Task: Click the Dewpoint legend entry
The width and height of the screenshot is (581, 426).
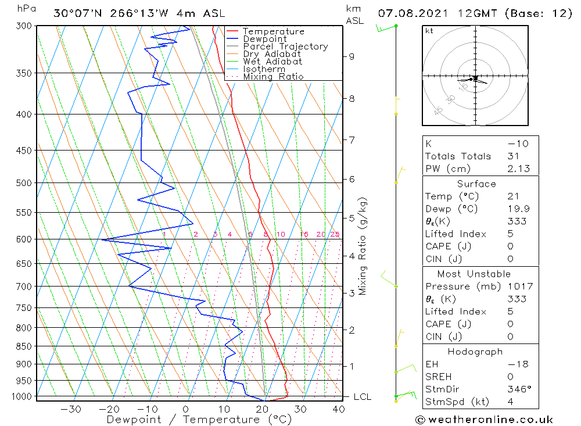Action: [264, 39]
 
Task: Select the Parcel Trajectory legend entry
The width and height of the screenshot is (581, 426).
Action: [285, 46]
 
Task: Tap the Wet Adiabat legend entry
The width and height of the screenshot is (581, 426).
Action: [272, 62]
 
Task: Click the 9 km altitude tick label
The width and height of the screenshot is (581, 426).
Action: [352, 56]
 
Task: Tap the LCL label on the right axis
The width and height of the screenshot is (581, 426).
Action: [362, 397]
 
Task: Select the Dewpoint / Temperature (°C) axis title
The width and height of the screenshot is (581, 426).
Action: [199, 419]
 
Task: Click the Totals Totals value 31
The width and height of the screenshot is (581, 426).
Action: [512, 156]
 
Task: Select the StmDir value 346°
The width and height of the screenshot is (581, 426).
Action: [517, 389]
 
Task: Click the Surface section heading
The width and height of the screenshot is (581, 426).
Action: [476, 184]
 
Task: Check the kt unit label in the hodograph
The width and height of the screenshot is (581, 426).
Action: [429, 31]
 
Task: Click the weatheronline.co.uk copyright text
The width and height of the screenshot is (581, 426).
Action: [484, 420]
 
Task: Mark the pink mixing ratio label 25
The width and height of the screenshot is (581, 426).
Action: [335, 234]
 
